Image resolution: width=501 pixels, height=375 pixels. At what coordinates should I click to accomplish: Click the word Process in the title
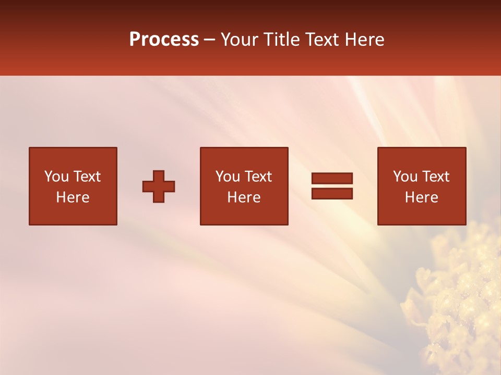pyautogui.click(x=164, y=40)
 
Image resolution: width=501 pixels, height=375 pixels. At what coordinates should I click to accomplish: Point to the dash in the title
pyautogui.click(x=209, y=40)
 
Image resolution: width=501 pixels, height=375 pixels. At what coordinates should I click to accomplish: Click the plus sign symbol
pyautogui.click(x=159, y=186)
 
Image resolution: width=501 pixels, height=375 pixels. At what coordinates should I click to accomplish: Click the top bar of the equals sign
pyautogui.click(x=332, y=178)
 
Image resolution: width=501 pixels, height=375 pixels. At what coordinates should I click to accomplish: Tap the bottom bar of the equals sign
pyautogui.click(x=332, y=193)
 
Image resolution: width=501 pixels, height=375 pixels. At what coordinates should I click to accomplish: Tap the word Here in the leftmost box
pyautogui.click(x=73, y=197)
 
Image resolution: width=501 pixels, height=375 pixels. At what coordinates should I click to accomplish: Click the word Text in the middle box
pyautogui.click(x=258, y=177)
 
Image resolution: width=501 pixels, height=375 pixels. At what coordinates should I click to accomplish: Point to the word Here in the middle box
pyautogui.click(x=244, y=197)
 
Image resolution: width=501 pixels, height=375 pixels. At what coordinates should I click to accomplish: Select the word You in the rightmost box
pyautogui.click(x=405, y=177)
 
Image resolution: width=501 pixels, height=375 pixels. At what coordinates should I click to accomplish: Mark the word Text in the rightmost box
pyautogui.click(x=435, y=177)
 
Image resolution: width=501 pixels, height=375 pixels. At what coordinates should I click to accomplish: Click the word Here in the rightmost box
pyautogui.click(x=421, y=197)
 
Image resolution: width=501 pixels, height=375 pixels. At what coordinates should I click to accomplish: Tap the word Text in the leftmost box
pyautogui.click(x=87, y=177)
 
